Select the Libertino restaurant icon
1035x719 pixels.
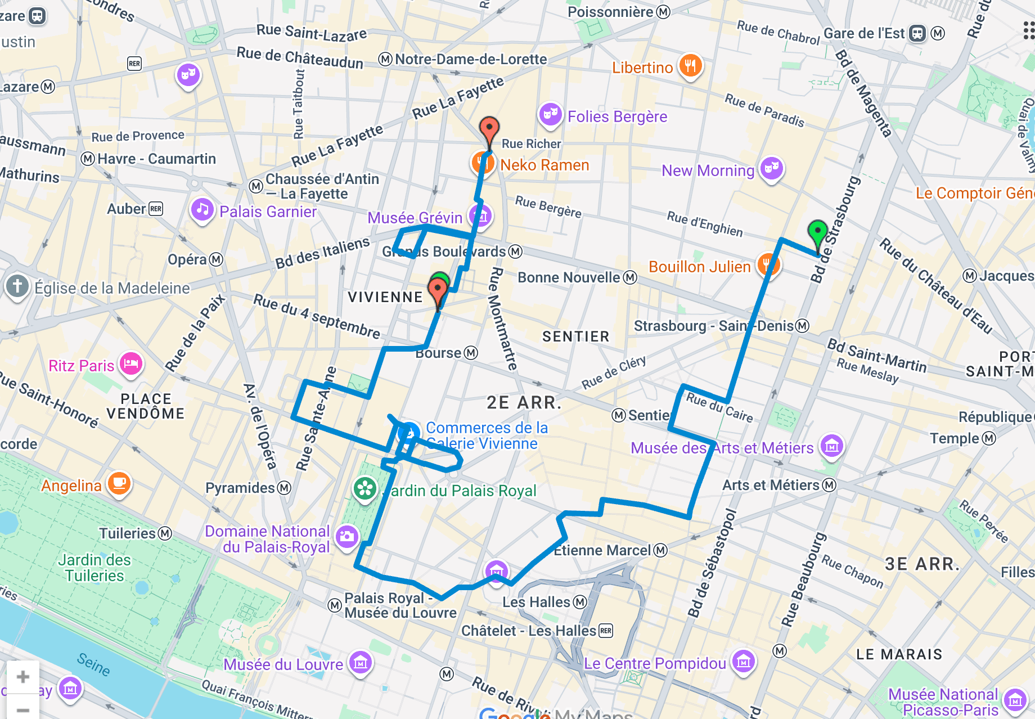coord(690,66)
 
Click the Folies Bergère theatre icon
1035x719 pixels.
coord(550,114)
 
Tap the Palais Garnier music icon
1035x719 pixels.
coord(202,210)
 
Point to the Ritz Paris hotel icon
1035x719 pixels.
coord(131,363)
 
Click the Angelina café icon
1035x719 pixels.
coord(119,483)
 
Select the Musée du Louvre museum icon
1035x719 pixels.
coord(361,663)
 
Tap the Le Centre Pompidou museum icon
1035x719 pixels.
coord(743,661)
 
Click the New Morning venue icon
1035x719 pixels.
coord(772,168)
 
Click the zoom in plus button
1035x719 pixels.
coord(23,677)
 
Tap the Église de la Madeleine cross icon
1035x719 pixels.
coord(17,286)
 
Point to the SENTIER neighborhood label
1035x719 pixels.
coord(575,336)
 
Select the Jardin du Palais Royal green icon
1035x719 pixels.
coord(365,488)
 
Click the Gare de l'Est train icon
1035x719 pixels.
coord(917,33)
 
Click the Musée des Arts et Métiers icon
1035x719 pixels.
coord(832,446)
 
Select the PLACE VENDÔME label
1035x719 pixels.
coord(145,406)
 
